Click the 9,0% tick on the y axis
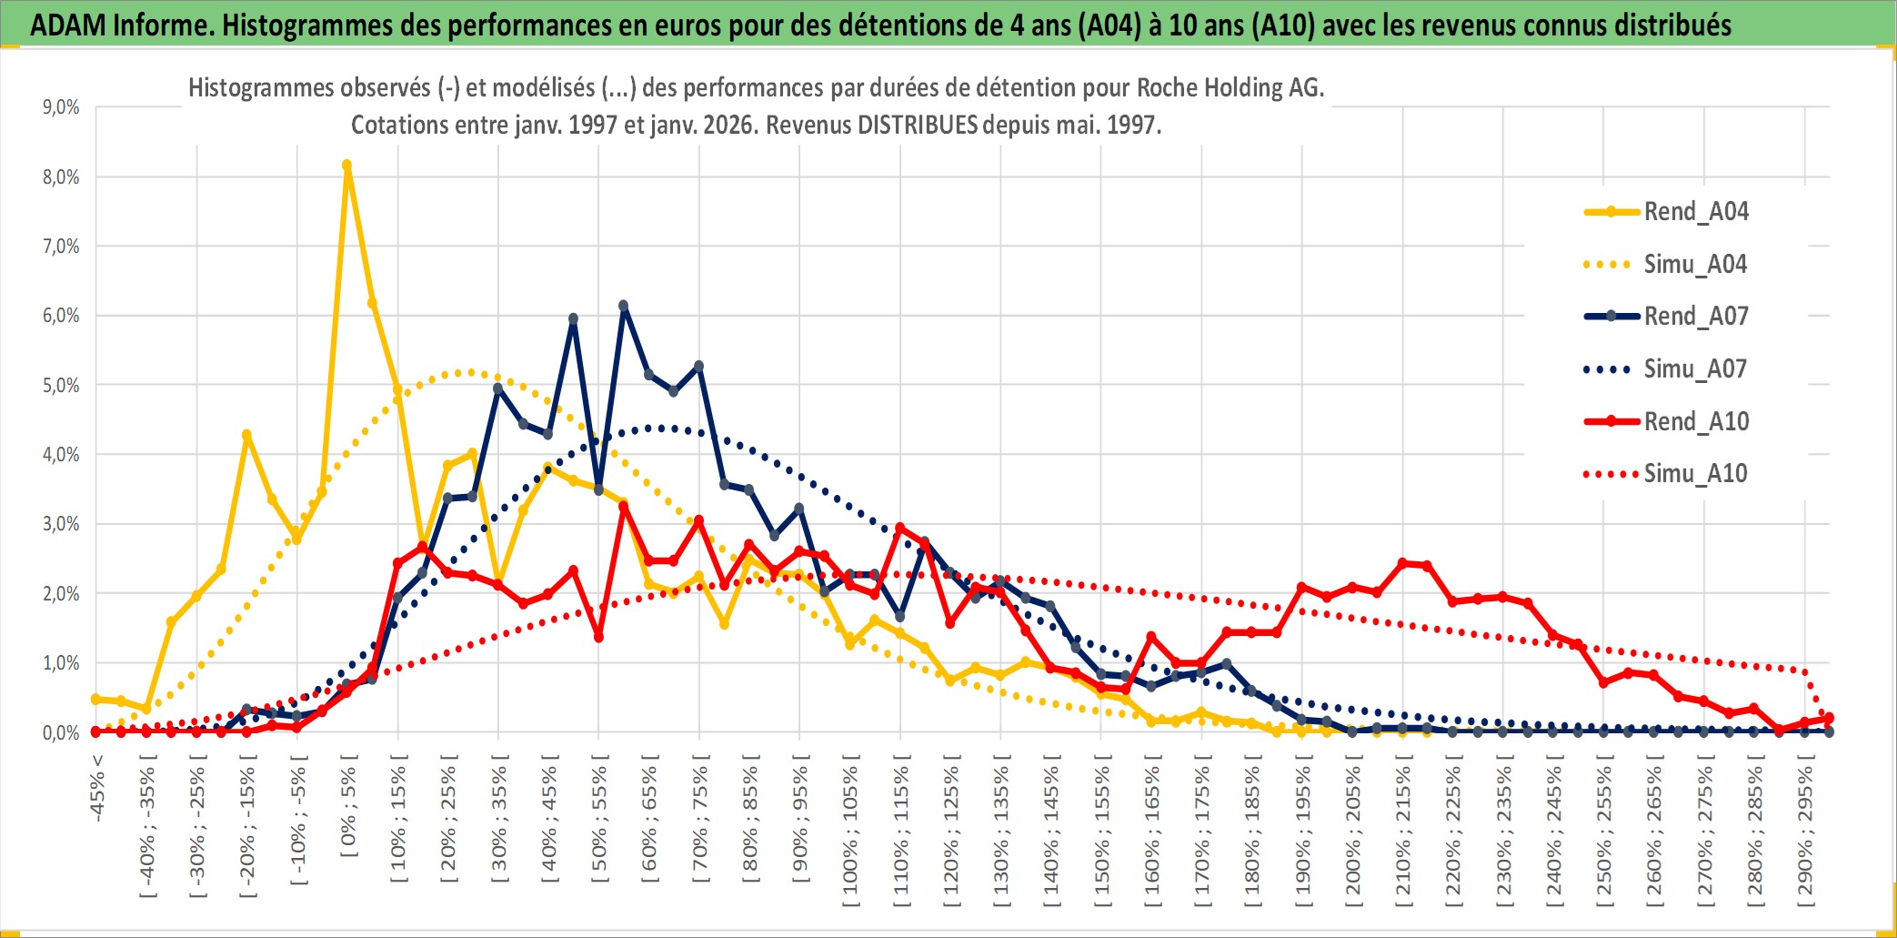pos(61,107)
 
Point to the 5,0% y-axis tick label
pos(61,386)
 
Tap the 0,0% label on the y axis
pos(61,733)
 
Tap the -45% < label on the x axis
pos(97,788)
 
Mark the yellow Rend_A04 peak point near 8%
pos(346,166)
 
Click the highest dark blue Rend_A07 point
pos(623,306)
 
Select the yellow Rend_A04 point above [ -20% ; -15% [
pos(246,435)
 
